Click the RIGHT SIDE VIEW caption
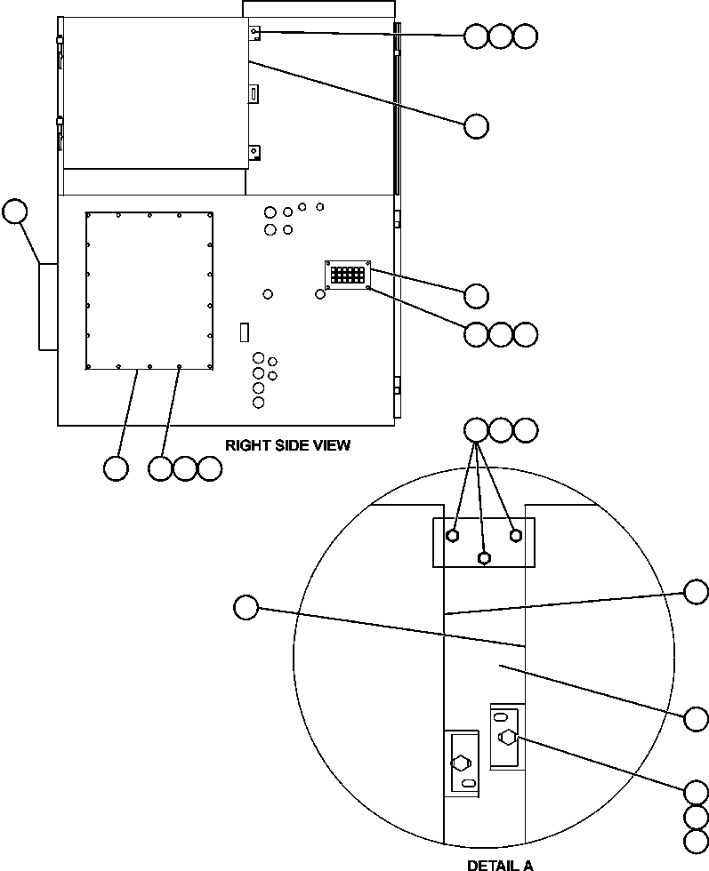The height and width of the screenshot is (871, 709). (286, 445)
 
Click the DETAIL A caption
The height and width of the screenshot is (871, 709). (500, 863)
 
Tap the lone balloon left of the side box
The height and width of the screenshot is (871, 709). (15, 212)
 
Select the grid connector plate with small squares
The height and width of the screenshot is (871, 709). (347, 275)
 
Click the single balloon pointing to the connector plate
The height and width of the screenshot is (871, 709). (476, 295)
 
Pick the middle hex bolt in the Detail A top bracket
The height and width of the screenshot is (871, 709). (484, 558)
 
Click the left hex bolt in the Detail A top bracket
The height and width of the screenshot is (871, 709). (454, 536)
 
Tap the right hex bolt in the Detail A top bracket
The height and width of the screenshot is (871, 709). (515, 536)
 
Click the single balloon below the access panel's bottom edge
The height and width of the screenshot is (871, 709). (116, 467)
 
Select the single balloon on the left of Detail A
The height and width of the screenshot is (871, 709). (246, 608)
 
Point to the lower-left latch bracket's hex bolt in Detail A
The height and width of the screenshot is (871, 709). (461, 763)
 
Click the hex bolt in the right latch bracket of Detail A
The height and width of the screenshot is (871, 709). (507, 737)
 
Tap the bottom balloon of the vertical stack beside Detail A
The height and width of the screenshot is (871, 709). (697, 841)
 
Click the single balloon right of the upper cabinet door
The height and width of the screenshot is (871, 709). (476, 126)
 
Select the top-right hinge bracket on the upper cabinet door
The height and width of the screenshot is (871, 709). (254, 33)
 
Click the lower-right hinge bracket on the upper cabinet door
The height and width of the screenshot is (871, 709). (254, 153)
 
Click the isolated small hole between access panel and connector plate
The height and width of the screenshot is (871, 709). (269, 294)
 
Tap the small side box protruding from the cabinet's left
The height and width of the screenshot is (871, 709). (48, 306)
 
